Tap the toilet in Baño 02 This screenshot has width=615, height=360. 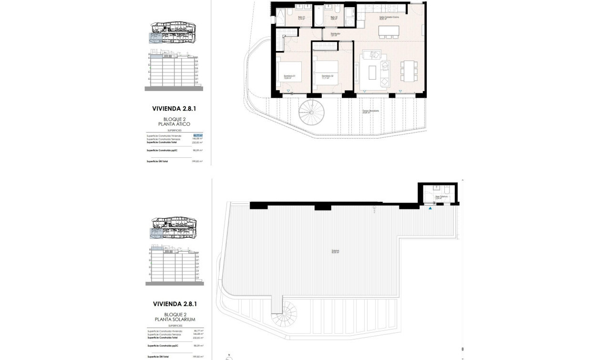coord(336,10)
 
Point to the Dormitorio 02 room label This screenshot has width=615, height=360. coord(327,76)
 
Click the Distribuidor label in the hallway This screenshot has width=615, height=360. coord(335,34)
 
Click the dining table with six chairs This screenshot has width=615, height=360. coord(408,71)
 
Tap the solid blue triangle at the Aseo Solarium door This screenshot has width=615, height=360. coord(430,208)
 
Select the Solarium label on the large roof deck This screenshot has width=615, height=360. coord(336,251)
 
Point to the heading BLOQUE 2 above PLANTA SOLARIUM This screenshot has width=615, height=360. coord(174,315)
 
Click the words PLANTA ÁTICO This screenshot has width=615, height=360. coord(174,124)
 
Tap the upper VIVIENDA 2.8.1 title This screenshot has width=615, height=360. coord(174,109)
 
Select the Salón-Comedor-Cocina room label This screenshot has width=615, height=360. coord(389,17)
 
